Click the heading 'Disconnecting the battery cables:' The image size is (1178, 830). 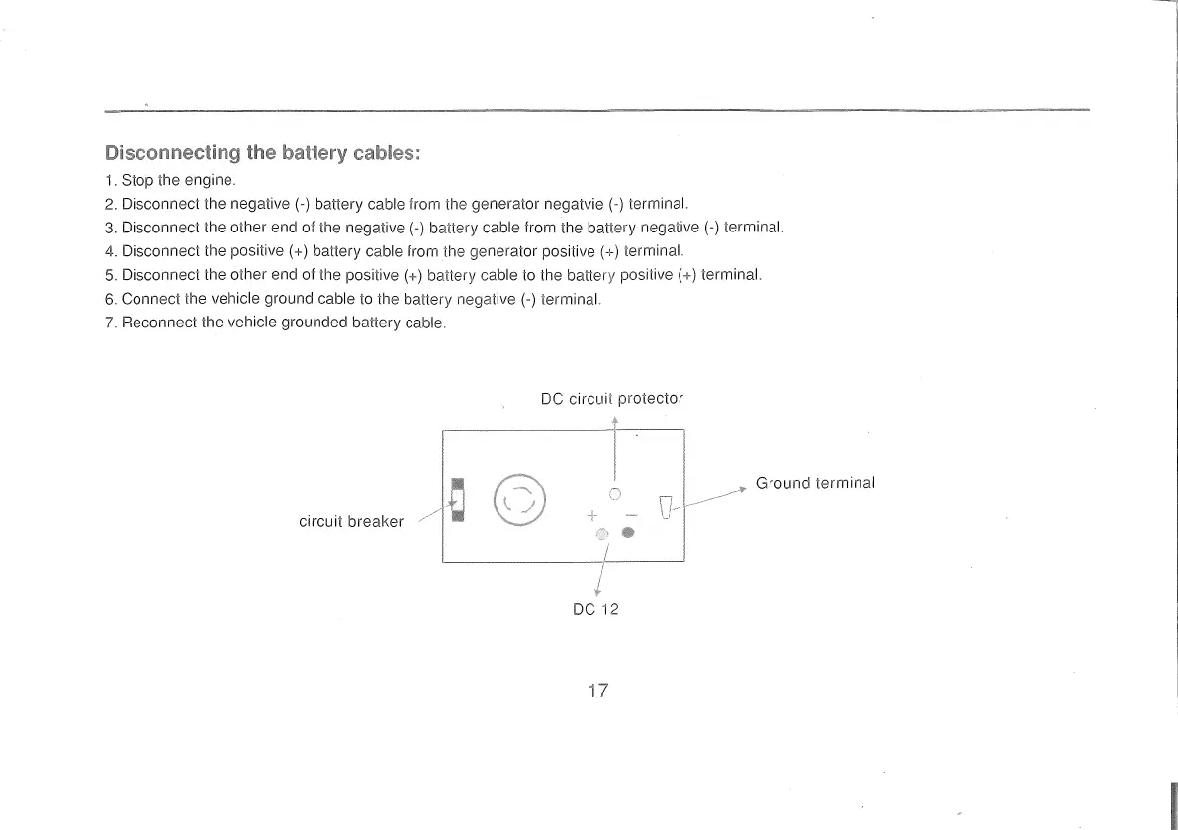point(263,153)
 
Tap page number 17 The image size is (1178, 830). point(597,691)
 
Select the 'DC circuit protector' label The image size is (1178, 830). point(612,398)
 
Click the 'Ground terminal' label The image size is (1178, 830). point(815,483)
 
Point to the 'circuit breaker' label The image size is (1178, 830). point(351,521)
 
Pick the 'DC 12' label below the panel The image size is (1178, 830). point(595,609)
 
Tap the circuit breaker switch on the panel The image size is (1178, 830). point(457,502)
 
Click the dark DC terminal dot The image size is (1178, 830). point(627,534)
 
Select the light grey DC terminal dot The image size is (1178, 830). point(600,534)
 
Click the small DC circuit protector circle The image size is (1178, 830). point(615,493)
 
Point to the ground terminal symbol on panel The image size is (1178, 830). point(666,507)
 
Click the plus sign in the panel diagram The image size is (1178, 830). point(592,515)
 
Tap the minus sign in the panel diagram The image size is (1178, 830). point(632,515)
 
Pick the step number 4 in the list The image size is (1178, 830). point(109,251)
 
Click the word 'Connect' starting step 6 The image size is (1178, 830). point(148,299)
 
